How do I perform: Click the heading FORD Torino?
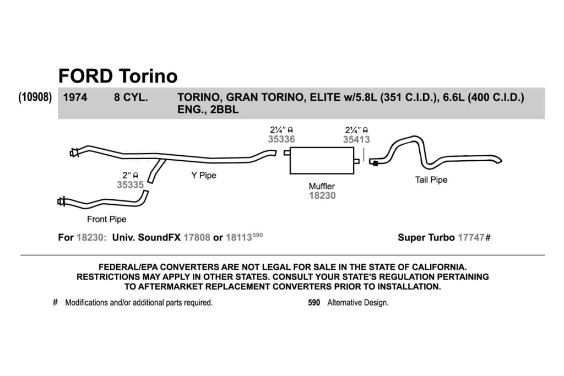118,76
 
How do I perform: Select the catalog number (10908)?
35,97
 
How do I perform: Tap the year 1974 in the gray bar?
75,97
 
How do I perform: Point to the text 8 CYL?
131,97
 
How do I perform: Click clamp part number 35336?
281,139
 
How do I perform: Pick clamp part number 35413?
356,139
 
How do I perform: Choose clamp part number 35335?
130,185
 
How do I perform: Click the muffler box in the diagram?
322,160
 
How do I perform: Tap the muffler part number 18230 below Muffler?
322,195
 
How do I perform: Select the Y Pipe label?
204,176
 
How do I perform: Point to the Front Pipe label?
106,219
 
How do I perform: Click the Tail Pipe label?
431,179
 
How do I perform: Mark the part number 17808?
197,238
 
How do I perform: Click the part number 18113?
239,238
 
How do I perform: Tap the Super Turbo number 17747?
471,238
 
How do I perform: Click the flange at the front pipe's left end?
62,201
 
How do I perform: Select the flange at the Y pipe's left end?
74,153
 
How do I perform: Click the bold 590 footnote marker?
314,303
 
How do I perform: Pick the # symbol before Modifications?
55,302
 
